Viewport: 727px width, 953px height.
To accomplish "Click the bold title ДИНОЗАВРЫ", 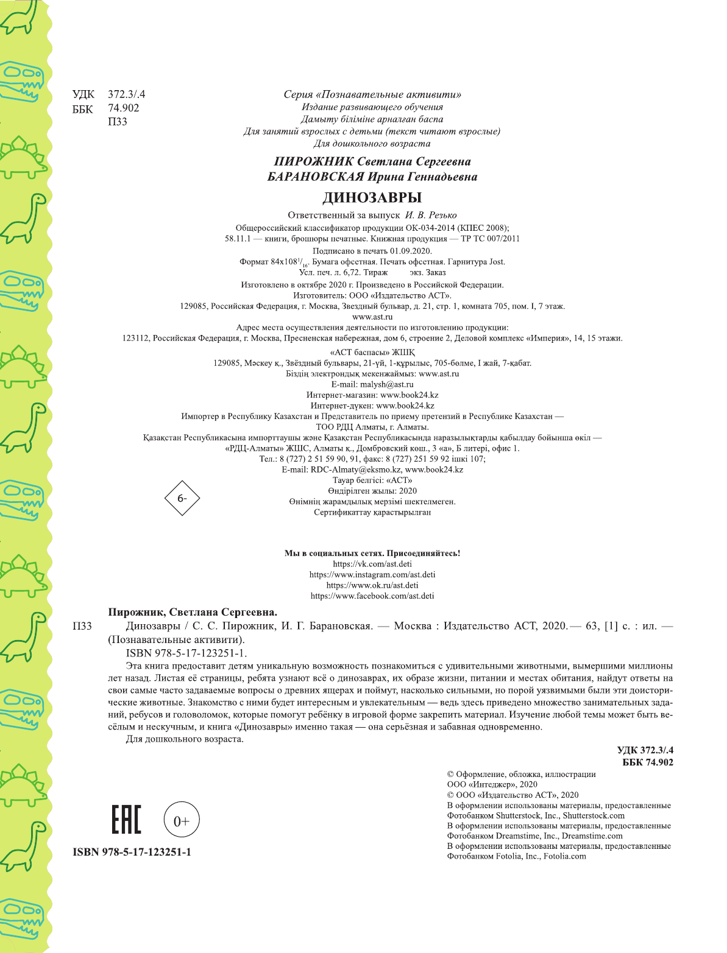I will pos(372,197).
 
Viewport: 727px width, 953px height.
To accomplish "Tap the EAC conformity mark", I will pos(126,820).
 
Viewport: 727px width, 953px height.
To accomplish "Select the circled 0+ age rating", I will pos(182,820).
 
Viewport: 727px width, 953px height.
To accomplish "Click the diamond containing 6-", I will pos(182,498).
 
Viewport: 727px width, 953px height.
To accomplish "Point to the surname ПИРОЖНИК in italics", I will pos(313,161).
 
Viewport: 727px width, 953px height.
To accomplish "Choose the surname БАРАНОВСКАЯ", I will pos(315,177).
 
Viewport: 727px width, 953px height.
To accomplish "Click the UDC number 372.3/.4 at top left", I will pos(126,94).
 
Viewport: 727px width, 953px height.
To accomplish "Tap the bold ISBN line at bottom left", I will pos(132,852).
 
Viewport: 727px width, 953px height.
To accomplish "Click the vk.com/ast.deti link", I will pos(372,564).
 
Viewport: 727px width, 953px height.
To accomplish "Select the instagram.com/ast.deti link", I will pos(372,574).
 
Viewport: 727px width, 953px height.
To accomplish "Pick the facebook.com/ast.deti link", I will pos(372,596).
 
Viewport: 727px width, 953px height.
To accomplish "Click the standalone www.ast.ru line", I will pos(372,317).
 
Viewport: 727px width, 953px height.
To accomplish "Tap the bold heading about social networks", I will pos(372,553).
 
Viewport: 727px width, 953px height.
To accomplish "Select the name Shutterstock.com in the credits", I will pos(594,815).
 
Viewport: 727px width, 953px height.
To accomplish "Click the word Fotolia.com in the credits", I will pos(564,856).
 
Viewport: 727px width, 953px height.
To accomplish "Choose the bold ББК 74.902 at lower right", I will pos(647,762).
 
